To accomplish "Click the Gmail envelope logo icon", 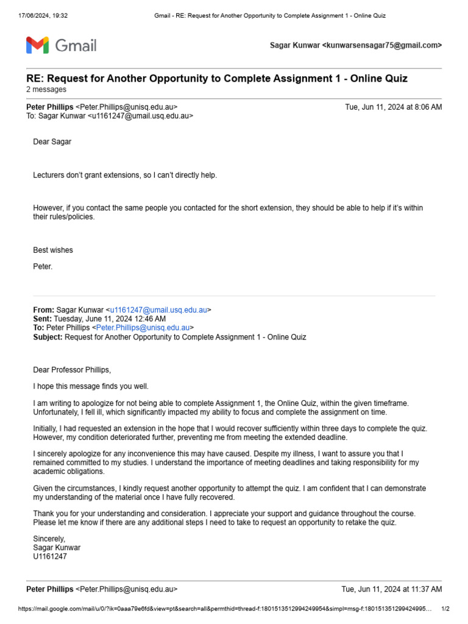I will click(37, 45).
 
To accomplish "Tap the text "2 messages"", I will click(46, 90).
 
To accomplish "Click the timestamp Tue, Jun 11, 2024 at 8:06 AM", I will click(393, 107).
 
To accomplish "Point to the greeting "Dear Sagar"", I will click(52, 142).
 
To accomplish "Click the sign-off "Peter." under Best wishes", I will click(43, 266).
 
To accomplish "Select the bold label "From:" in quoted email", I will click(43, 310).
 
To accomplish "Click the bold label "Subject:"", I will click(48, 337).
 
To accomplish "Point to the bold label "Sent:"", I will click(42, 319).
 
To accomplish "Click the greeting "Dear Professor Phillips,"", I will click(72, 370).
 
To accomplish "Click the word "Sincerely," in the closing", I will click(49, 539).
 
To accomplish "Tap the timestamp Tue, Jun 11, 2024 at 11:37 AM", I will click(391, 589).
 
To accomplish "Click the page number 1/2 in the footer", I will click(445, 609).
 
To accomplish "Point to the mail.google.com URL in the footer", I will click(225, 609).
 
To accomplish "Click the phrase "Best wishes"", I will click(52, 250).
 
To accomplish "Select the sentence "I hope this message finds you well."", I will click(91, 386).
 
